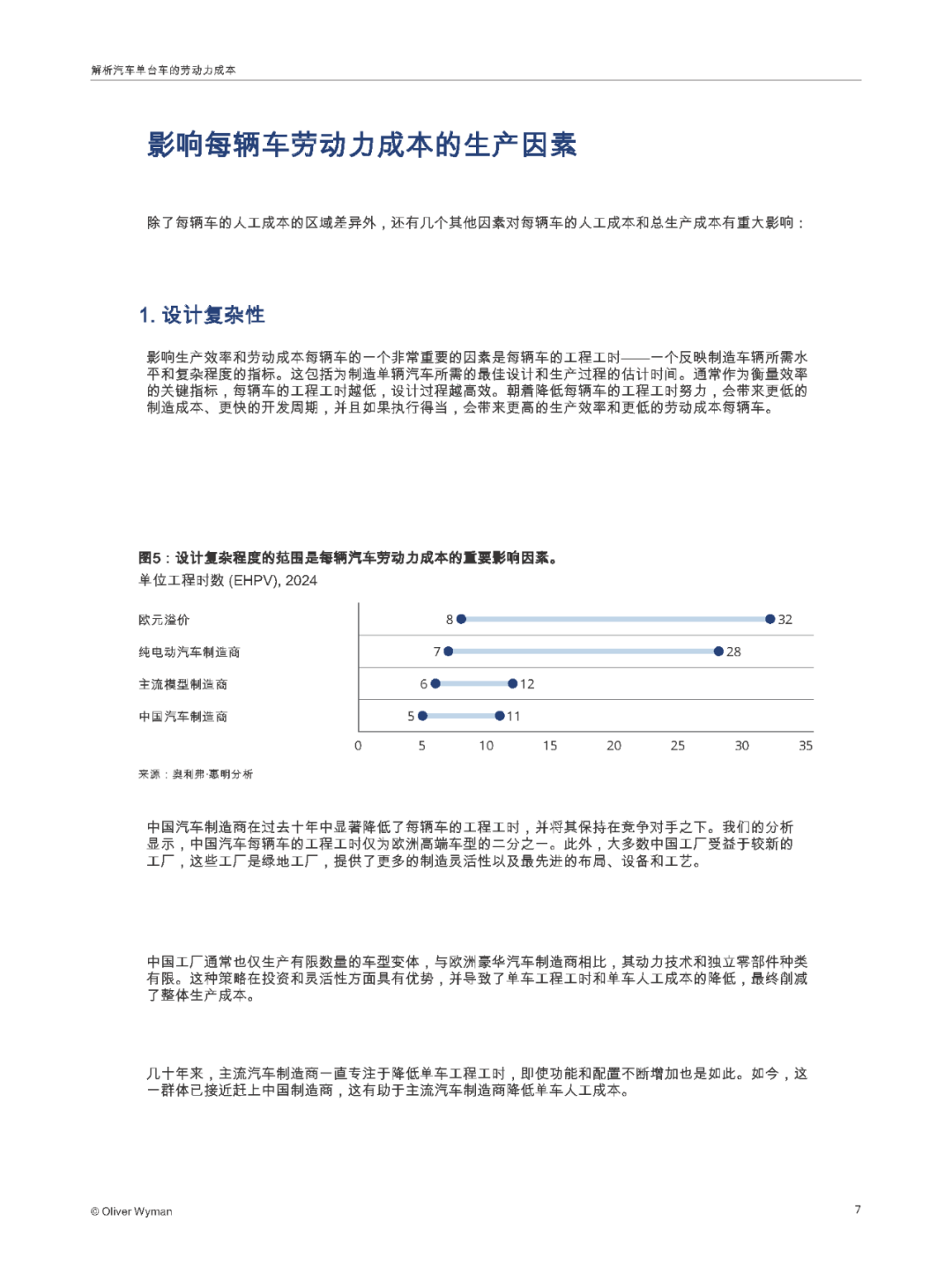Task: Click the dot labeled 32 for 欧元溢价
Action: (770, 619)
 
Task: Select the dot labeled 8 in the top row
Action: (461, 619)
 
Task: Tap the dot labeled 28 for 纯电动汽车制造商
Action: (718, 652)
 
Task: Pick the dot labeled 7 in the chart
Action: (449, 652)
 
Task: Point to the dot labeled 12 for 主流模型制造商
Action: (512, 683)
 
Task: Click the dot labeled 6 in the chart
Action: (435, 683)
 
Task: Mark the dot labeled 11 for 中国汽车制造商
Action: (500, 716)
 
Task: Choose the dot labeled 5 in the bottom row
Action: (423, 716)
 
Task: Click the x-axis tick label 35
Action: (806, 746)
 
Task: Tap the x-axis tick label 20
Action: (614, 746)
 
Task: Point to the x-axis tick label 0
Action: (358, 746)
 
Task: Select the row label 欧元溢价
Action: (164, 620)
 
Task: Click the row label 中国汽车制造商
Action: (182, 717)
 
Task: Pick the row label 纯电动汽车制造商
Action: (189, 652)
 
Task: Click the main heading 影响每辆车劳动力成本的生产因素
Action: (361, 145)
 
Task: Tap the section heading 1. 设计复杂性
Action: (202, 315)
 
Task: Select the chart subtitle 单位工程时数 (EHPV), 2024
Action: (227, 580)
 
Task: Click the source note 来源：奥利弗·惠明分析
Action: (195, 774)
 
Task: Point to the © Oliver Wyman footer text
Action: (131, 1211)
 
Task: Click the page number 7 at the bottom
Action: (858, 1210)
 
